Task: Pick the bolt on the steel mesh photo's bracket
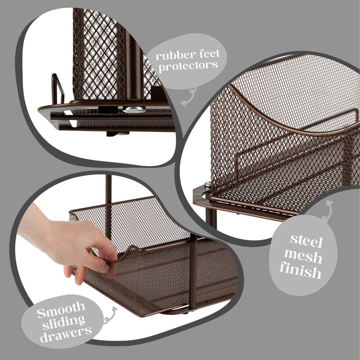pos(207,184)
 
